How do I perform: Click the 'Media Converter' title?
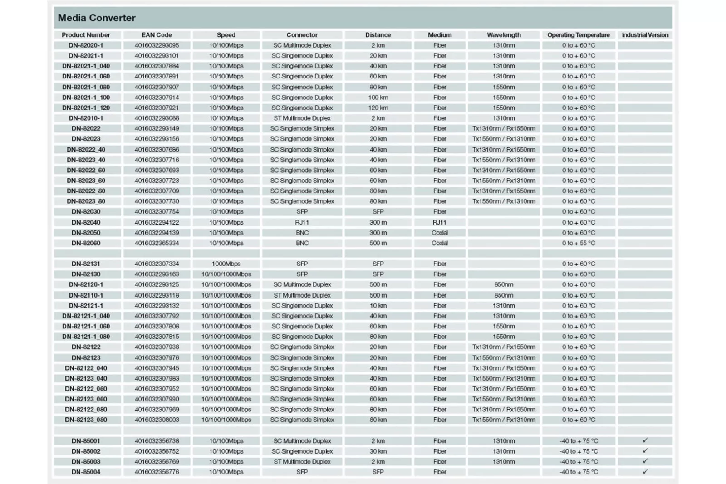pos(97,18)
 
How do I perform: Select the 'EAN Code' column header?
pos(157,35)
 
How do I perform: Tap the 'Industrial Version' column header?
pos(645,35)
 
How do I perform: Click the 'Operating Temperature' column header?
pos(578,35)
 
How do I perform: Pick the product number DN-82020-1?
pos(86,45)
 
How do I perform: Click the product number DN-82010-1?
pos(86,118)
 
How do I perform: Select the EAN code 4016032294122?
pos(157,222)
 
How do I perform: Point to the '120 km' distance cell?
pos(378,108)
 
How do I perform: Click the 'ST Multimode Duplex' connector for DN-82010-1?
pos(302,118)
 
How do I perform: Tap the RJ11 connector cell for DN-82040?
pos(302,222)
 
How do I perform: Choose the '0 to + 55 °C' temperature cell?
pos(578,243)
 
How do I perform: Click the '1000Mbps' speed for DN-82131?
pos(226,264)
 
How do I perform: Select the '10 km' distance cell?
pos(378,306)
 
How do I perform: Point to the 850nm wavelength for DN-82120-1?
pos(504,284)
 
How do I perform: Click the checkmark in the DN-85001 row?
pos(645,440)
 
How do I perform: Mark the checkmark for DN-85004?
pos(645,472)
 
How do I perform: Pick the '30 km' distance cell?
pos(378,451)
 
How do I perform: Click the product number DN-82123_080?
pos(86,420)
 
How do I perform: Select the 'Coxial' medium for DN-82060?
pos(439,243)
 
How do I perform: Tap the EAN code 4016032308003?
pos(157,420)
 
